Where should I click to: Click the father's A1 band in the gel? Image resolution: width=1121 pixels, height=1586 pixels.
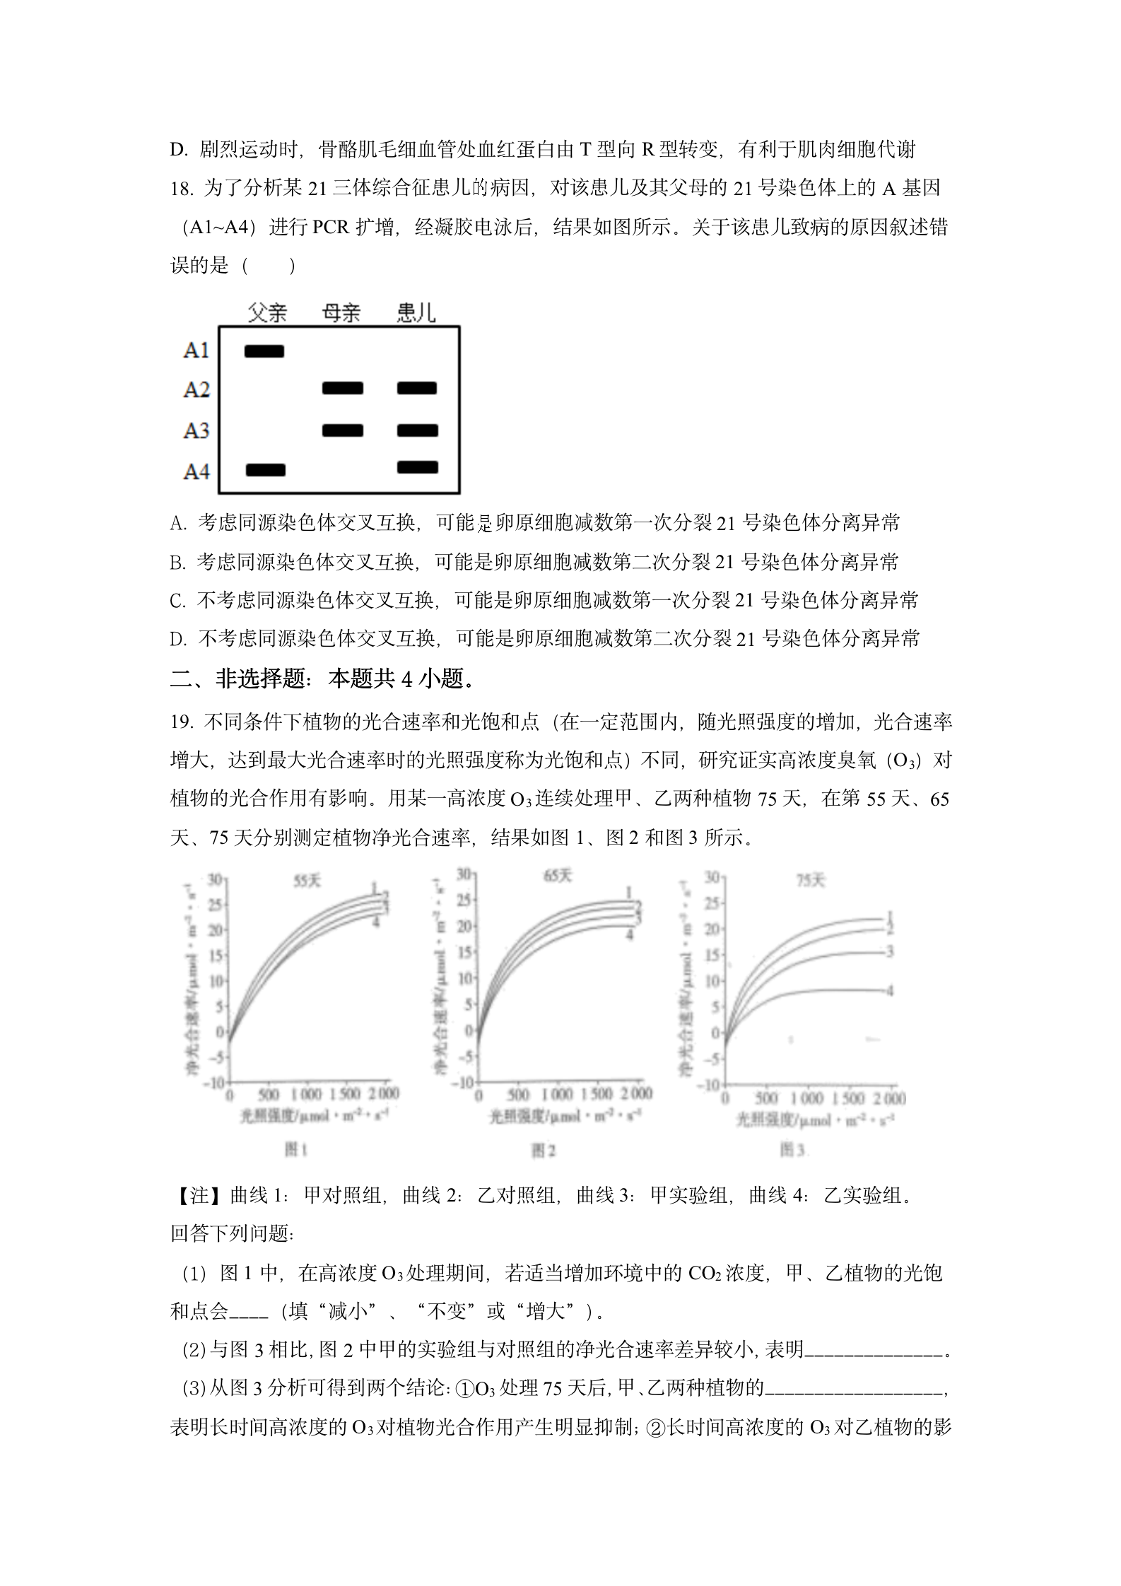[264, 351]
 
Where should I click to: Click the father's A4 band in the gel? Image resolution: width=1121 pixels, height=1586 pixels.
[266, 470]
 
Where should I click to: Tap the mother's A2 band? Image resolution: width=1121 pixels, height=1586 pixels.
[343, 388]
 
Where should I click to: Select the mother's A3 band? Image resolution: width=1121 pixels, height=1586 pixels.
[343, 430]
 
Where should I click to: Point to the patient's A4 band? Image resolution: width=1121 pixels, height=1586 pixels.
[418, 467]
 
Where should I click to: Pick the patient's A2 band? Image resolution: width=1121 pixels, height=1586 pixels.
[417, 388]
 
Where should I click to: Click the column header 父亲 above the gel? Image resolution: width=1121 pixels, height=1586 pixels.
[268, 312]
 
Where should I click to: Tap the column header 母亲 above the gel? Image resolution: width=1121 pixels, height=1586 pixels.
[341, 312]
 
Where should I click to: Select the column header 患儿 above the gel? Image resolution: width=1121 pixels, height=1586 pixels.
[416, 312]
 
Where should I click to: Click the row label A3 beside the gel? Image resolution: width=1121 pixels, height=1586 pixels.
[196, 430]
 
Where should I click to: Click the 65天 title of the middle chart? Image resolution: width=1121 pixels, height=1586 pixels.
[558, 876]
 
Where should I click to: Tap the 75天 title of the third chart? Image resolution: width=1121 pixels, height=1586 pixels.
[810, 881]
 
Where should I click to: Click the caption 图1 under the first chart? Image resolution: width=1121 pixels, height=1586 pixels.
[295, 1150]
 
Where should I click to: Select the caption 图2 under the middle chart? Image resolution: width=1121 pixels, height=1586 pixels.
[543, 1151]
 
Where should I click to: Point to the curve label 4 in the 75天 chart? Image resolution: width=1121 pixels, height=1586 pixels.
[890, 991]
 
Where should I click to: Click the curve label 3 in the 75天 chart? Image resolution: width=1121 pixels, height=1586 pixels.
[890, 952]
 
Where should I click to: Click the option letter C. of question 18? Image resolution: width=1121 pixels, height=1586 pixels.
[177, 601]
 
